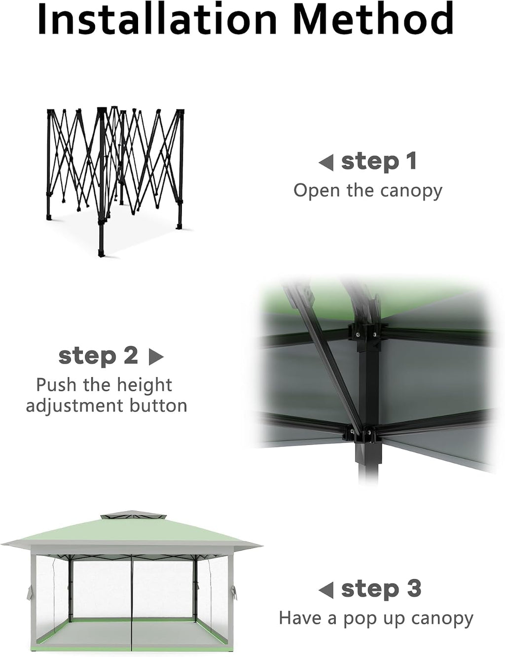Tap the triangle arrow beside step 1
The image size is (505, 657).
click(x=326, y=163)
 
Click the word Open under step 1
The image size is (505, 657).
click(x=317, y=190)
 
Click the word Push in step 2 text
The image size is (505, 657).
click(x=56, y=385)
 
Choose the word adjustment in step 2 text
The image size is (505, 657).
click(x=74, y=406)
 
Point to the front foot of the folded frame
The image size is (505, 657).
click(x=101, y=252)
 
